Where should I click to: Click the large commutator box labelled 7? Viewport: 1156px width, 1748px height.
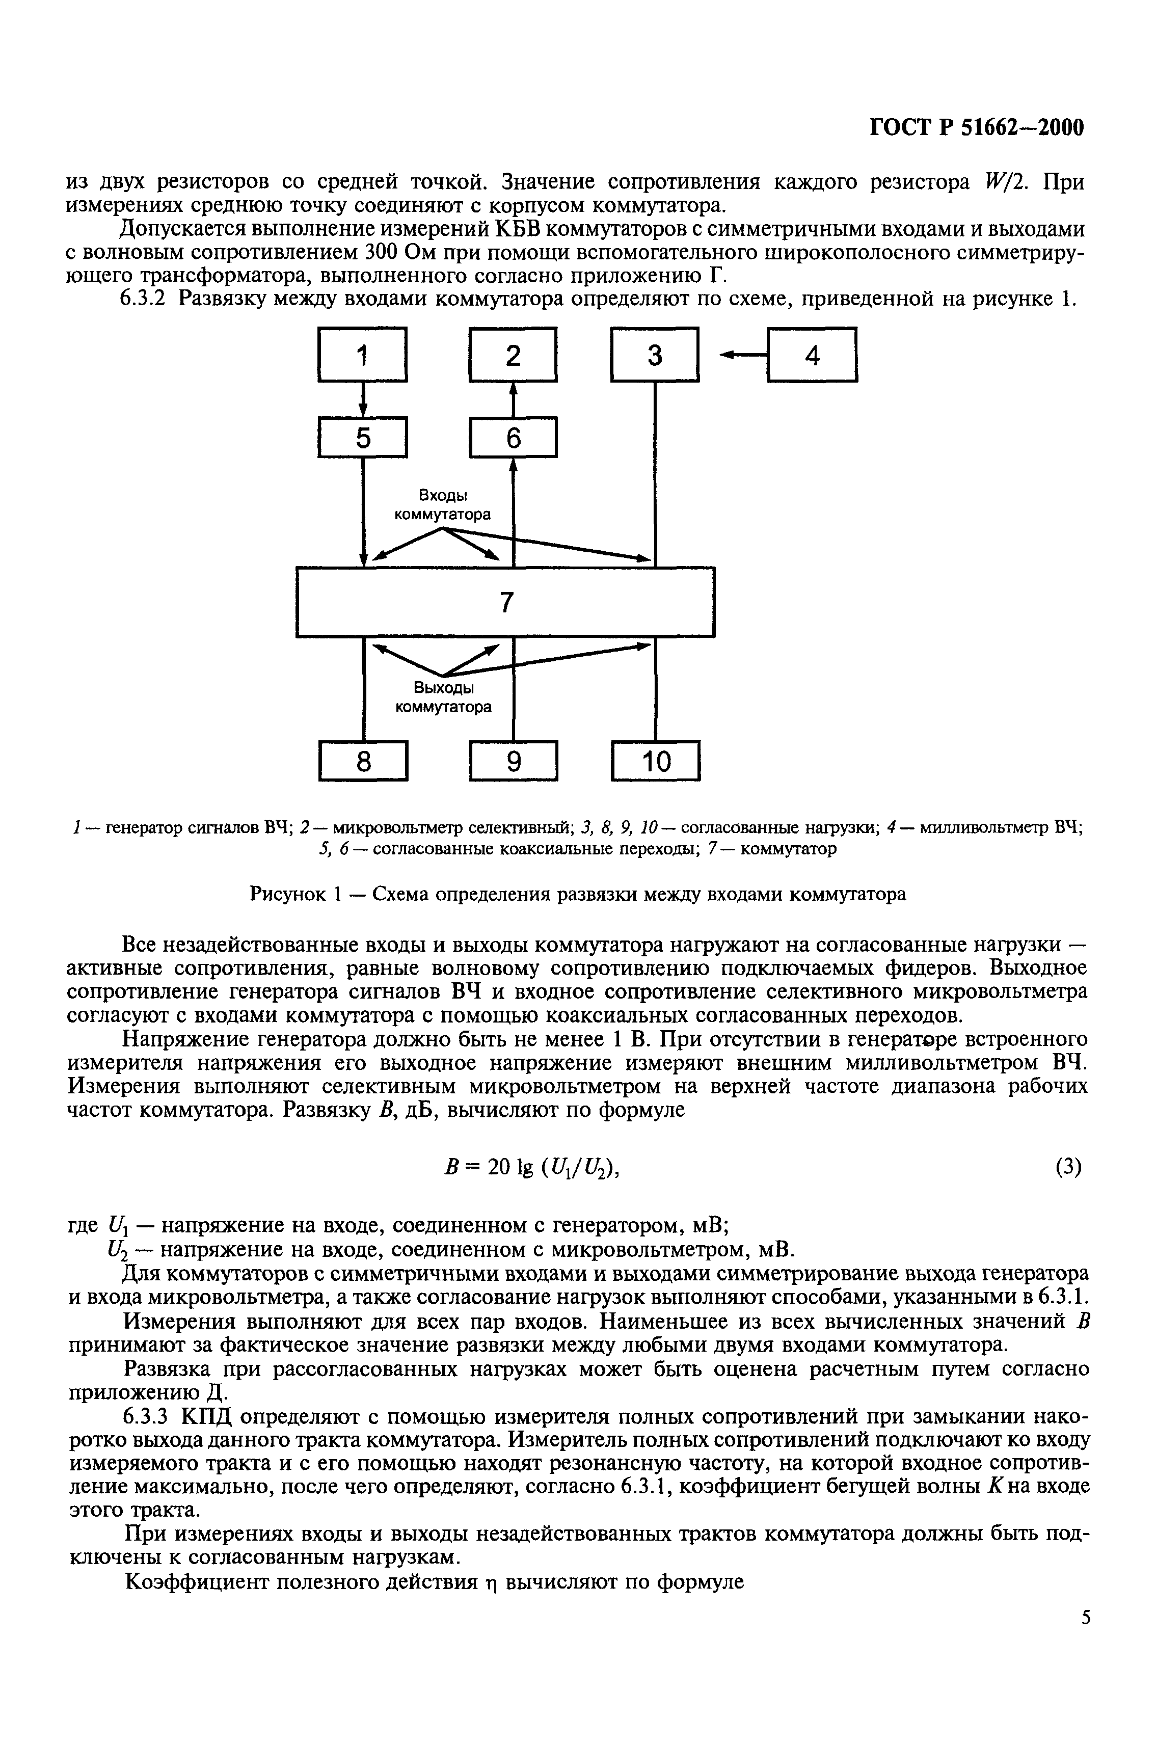click(505, 602)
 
